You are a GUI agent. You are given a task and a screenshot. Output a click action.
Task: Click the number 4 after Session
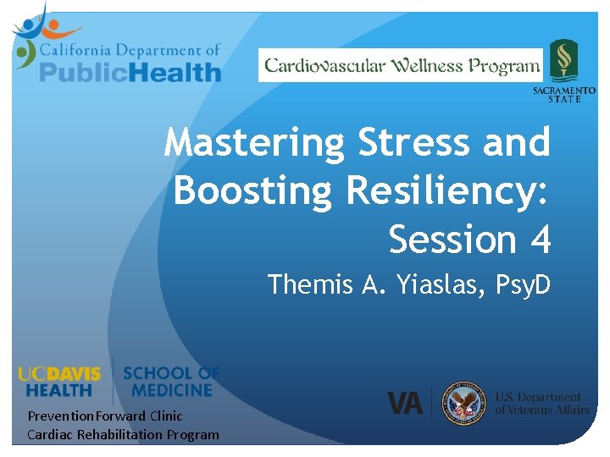coord(540,240)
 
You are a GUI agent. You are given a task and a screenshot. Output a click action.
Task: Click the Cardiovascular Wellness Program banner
coord(402,65)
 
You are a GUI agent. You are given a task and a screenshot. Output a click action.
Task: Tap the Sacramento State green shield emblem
coord(563,60)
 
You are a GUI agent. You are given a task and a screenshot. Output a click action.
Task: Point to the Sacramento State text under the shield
coord(563,94)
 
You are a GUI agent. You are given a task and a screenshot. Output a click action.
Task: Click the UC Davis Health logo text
coord(59,382)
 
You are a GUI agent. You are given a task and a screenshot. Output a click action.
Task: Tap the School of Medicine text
coord(171,382)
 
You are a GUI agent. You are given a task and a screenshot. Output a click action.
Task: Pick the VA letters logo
coord(405,403)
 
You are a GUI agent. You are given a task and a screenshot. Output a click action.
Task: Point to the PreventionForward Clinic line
coord(105,416)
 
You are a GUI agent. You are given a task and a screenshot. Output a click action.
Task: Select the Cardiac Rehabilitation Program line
coord(123,435)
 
